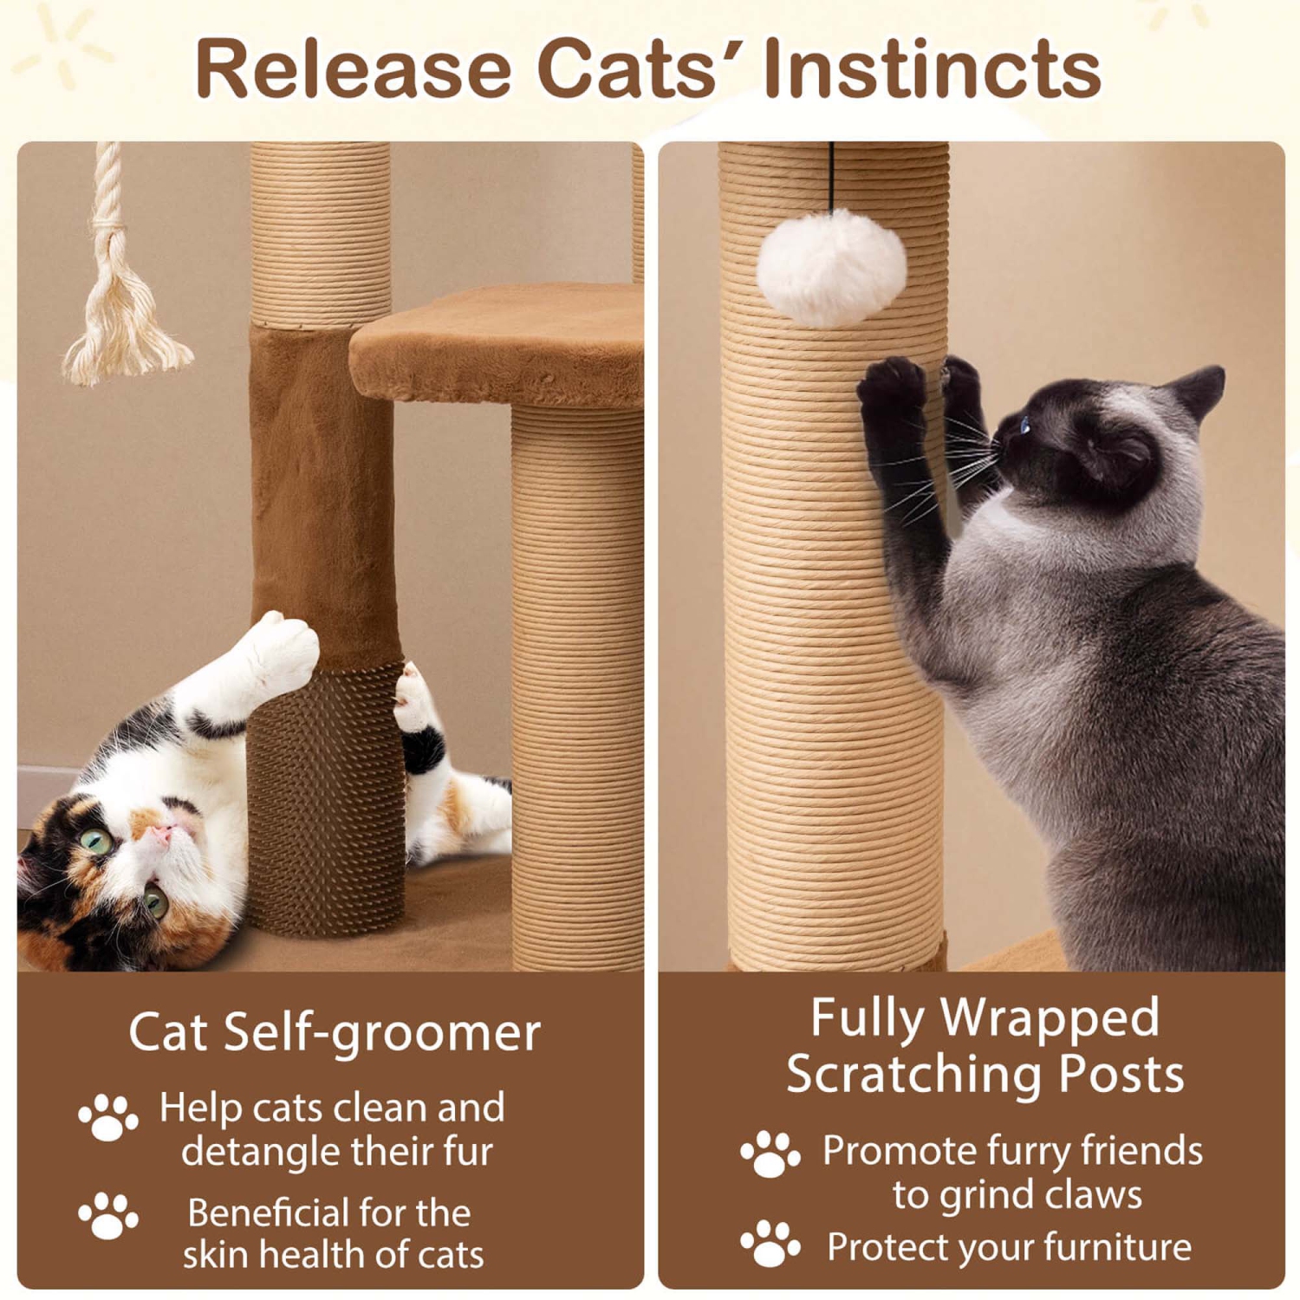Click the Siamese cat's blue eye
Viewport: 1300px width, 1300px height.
point(1025,425)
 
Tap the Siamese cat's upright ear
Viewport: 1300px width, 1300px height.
point(1200,390)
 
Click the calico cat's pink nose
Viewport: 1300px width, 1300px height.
point(161,835)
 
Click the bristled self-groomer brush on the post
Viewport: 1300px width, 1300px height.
point(325,797)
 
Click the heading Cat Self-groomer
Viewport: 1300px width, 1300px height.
point(334,1032)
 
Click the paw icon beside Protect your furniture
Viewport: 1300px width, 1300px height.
point(770,1245)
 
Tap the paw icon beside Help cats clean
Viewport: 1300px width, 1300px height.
point(107,1118)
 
